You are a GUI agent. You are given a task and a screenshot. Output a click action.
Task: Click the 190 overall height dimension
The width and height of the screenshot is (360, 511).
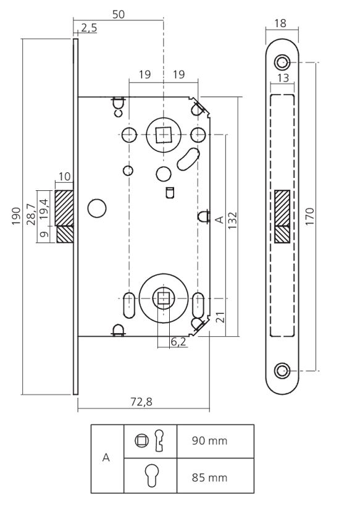point(16,216)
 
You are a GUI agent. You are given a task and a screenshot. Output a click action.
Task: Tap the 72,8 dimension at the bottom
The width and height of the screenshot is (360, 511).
point(141,402)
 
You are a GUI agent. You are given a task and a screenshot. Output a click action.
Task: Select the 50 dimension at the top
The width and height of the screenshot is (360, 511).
point(118,14)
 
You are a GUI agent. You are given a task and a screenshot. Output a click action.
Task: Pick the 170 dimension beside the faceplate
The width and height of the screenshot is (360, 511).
point(310,216)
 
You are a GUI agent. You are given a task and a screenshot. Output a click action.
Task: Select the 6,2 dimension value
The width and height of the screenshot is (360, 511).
point(178,341)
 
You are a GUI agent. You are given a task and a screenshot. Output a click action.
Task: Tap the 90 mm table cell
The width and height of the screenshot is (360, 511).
point(210,441)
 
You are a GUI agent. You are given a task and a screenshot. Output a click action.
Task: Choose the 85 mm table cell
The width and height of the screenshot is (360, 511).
point(210,477)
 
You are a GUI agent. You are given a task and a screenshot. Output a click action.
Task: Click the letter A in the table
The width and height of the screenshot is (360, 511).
point(107,458)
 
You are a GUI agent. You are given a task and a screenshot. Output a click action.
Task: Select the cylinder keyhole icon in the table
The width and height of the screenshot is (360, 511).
point(150,476)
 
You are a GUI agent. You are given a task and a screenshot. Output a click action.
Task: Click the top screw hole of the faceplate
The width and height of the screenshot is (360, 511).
point(282,62)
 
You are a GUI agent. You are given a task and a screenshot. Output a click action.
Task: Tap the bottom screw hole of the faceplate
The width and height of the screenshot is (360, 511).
point(282,371)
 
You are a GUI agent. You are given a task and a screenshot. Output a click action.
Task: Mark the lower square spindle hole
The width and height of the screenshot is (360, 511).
point(163,298)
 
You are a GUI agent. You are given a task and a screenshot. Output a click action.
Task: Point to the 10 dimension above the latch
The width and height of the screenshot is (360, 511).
point(64,177)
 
